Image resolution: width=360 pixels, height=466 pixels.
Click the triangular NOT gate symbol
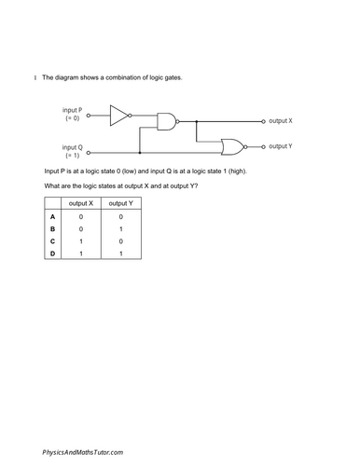pos(120,116)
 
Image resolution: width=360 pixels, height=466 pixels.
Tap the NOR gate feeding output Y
pos(231,146)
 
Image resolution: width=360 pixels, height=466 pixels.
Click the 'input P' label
pos(73,110)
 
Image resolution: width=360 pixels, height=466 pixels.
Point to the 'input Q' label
pos(73,147)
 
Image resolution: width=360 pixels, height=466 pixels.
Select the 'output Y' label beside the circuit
pos(281,146)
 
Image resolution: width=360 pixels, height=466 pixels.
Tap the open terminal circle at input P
pos(89,116)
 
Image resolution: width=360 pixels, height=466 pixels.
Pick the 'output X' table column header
pos(82,203)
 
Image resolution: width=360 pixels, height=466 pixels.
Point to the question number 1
pos(35,77)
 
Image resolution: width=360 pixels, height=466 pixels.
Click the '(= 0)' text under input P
pos(73,119)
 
